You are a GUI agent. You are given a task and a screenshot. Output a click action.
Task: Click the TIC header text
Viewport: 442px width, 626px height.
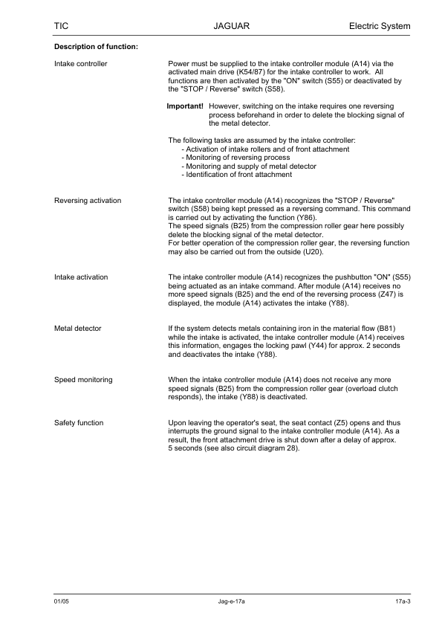pyautogui.click(x=62, y=27)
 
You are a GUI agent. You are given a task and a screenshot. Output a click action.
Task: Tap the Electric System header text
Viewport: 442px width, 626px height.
pyautogui.click(x=379, y=27)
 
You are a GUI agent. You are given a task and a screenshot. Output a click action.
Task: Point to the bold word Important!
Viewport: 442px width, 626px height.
pyautogui.click(x=185, y=106)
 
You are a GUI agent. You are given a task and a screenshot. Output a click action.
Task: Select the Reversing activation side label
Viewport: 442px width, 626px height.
pyautogui.click(x=88, y=201)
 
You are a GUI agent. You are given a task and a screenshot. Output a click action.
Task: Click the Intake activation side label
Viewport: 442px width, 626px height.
pyautogui.click(x=81, y=277)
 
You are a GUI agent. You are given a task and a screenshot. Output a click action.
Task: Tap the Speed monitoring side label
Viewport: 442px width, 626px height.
pyautogui.click(x=83, y=380)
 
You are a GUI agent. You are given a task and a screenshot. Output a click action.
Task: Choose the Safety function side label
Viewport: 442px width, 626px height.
pyautogui.click(x=79, y=423)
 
